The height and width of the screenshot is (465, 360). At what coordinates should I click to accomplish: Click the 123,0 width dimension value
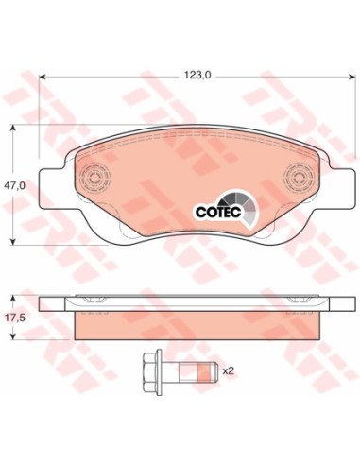(197, 75)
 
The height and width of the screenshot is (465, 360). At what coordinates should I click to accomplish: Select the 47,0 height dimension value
(14, 185)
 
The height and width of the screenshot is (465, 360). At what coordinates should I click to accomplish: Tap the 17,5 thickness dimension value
(13, 318)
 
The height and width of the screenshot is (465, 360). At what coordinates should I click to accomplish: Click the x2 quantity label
(229, 371)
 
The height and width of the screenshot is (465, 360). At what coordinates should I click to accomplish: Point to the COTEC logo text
(218, 212)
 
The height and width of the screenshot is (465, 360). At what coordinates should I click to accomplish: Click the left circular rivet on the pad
(94, 178)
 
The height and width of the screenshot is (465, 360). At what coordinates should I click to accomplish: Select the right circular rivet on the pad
(299, 178)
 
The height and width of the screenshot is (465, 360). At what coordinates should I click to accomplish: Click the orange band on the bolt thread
(204, 371)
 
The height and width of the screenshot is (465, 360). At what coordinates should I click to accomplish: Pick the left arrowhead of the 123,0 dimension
(43, 77)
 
